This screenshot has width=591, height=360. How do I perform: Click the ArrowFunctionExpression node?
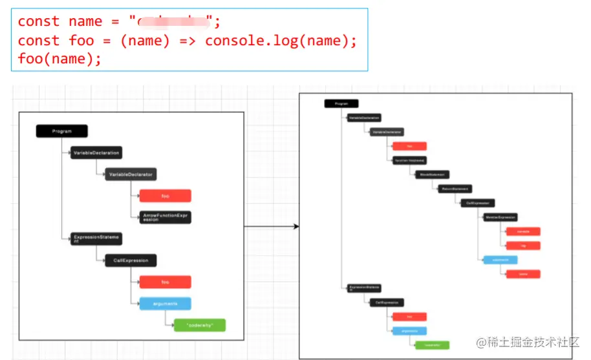tap(165, 217)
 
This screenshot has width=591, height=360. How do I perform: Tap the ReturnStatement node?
tap(455, 189)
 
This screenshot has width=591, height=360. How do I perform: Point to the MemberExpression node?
tap(500, 217)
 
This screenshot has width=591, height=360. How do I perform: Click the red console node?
tap(522, 231)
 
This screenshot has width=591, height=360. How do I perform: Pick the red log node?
tap(522, 246)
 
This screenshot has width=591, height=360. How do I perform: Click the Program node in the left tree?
tap(62, 131)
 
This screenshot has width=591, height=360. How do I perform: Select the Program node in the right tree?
tap(341, 103)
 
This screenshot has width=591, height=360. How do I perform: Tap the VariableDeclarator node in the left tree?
tap(131, 174)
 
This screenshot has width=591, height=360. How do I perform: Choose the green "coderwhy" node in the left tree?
tap(199, 324)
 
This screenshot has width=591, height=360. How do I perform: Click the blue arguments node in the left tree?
tap(165, 303)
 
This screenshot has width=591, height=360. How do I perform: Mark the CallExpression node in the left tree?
tap(131, 260)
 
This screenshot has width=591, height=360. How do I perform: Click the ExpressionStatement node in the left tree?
tap(96, 239)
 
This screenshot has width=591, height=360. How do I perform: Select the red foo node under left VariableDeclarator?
tap(165, 196)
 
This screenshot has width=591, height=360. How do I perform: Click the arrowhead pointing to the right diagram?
tap(296, 226)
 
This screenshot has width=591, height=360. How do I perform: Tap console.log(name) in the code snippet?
tap(281, 40)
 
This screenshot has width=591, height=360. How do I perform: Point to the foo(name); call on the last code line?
tap(59, 59)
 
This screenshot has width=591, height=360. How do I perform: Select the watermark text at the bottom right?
tap(527, 342)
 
